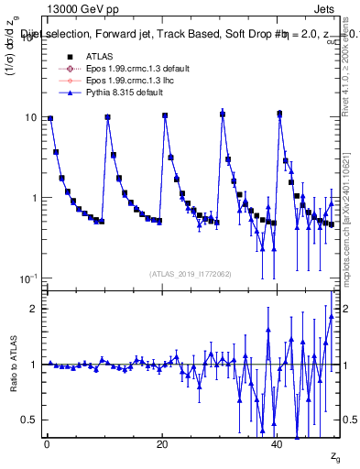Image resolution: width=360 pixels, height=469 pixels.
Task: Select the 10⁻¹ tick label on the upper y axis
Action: tap(27, 278)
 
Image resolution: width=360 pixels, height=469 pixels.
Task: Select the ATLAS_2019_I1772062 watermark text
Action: tap(191, 274)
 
